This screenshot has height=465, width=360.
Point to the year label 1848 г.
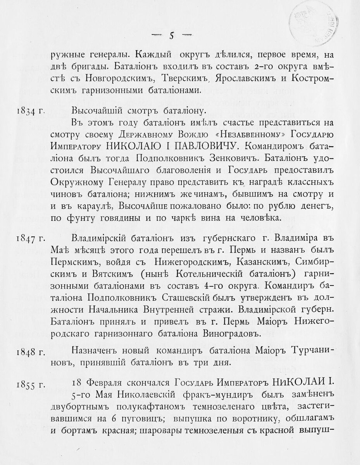tap(31, 352)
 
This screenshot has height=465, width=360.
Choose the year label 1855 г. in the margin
tap(31, 384)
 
